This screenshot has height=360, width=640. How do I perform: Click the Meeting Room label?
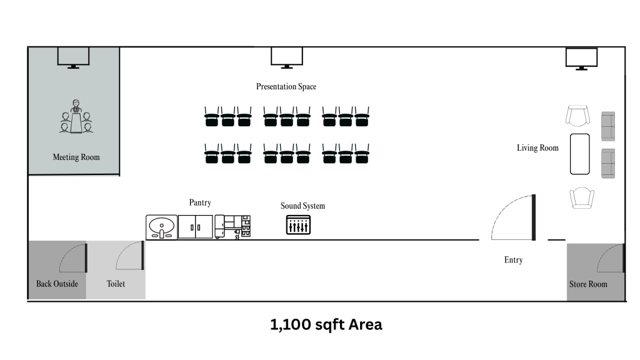76,157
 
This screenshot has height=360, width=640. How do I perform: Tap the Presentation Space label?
286,86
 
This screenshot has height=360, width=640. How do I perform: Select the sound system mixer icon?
298,225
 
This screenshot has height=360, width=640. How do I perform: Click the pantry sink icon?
162,226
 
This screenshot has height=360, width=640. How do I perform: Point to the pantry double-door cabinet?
195,226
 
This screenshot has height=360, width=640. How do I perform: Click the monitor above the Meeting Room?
73,57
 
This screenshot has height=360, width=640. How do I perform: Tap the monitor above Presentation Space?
287,57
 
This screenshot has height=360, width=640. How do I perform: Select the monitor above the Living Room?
581,58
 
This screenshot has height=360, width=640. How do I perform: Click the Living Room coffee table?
580,154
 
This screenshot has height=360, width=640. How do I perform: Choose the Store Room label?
588,284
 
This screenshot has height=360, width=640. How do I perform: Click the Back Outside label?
57,284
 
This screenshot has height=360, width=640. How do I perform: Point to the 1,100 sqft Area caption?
326,324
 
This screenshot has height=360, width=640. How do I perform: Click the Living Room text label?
537,148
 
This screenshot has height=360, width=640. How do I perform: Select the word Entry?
513,259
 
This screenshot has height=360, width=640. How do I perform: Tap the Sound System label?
302,206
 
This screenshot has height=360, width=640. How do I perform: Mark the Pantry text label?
200,202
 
